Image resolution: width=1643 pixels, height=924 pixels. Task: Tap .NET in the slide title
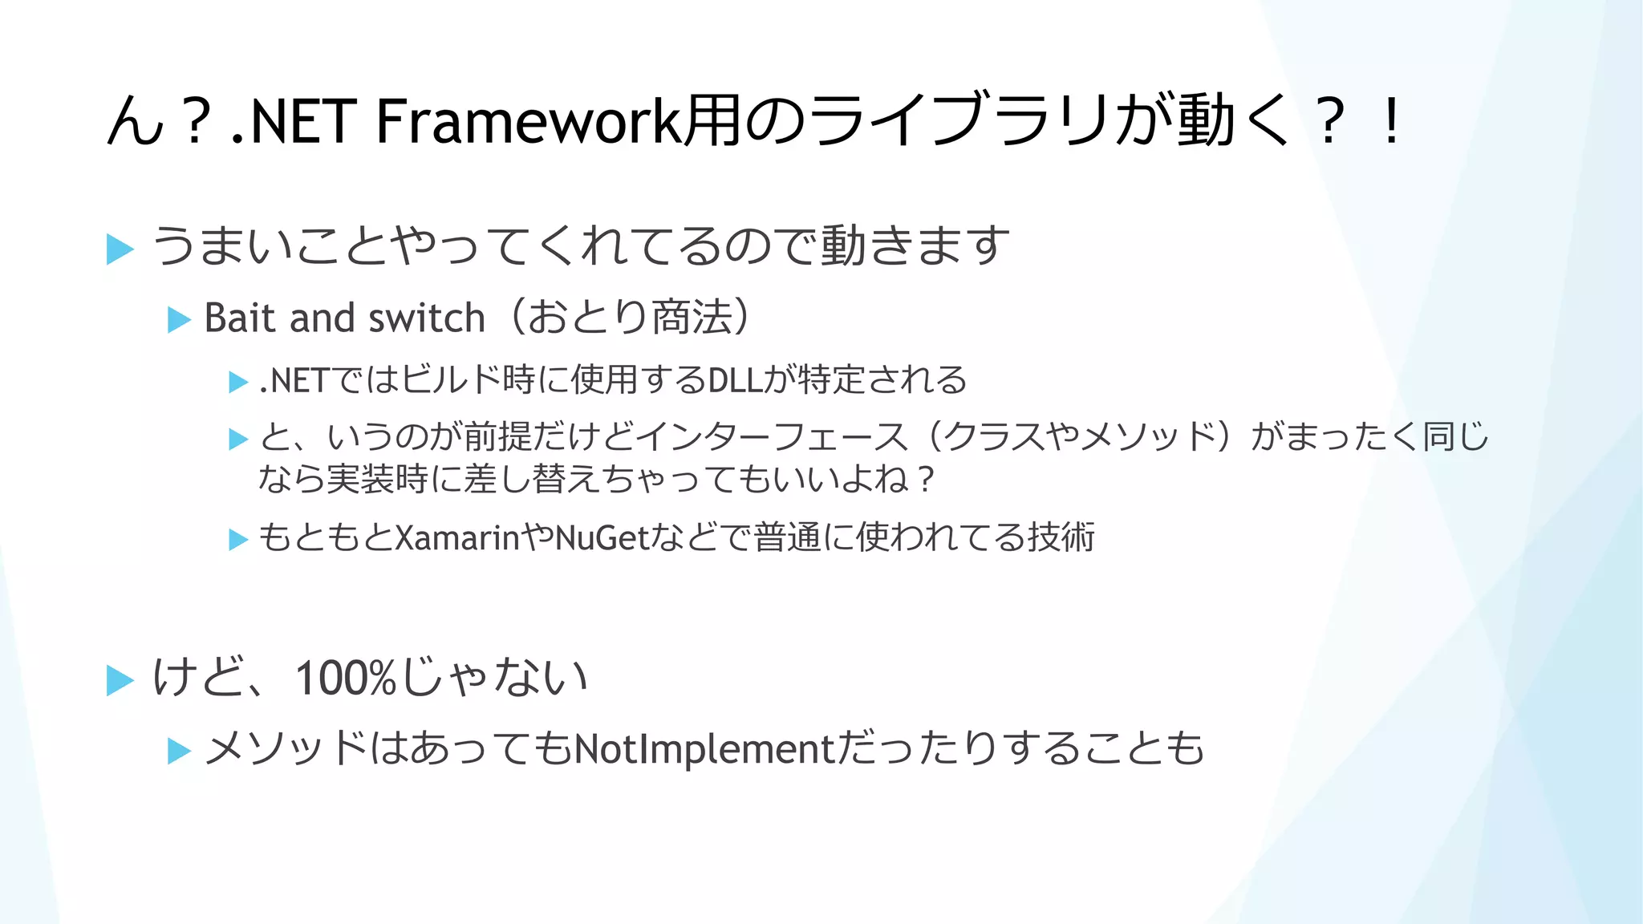(293, 122)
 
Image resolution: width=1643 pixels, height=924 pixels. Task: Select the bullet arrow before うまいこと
(120, 249)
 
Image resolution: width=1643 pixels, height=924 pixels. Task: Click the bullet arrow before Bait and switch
(178, 320)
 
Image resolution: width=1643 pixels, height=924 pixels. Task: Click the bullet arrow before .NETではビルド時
(238, 382)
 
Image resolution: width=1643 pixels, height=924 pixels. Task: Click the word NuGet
(601, 537)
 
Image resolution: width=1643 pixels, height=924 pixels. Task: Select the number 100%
(346, 679)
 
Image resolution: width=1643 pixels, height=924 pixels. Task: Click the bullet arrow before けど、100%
(120, 681)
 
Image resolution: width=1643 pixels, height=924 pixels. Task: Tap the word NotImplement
(705, 749)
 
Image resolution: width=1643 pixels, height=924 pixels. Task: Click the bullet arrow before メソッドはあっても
(178, 752)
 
